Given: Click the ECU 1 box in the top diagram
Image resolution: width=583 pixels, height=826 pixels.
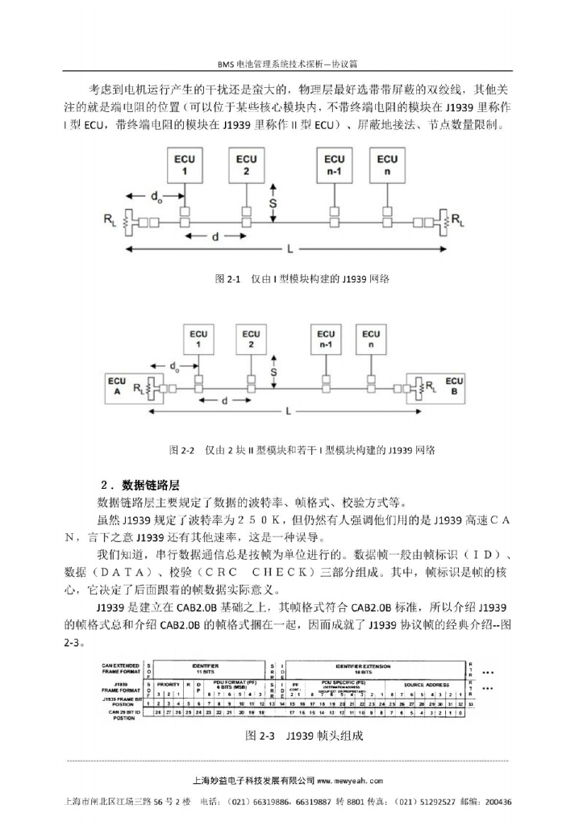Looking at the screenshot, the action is pos(185,165).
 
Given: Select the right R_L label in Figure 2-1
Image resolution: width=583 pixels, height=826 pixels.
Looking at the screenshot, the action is pos(457,218).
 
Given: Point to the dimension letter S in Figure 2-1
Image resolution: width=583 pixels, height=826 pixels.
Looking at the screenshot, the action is pos(273,203).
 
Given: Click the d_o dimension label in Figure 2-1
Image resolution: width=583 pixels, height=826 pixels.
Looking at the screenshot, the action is pos(156,196).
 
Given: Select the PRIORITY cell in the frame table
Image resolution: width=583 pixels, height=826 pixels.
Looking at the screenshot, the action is pos(168,683).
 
